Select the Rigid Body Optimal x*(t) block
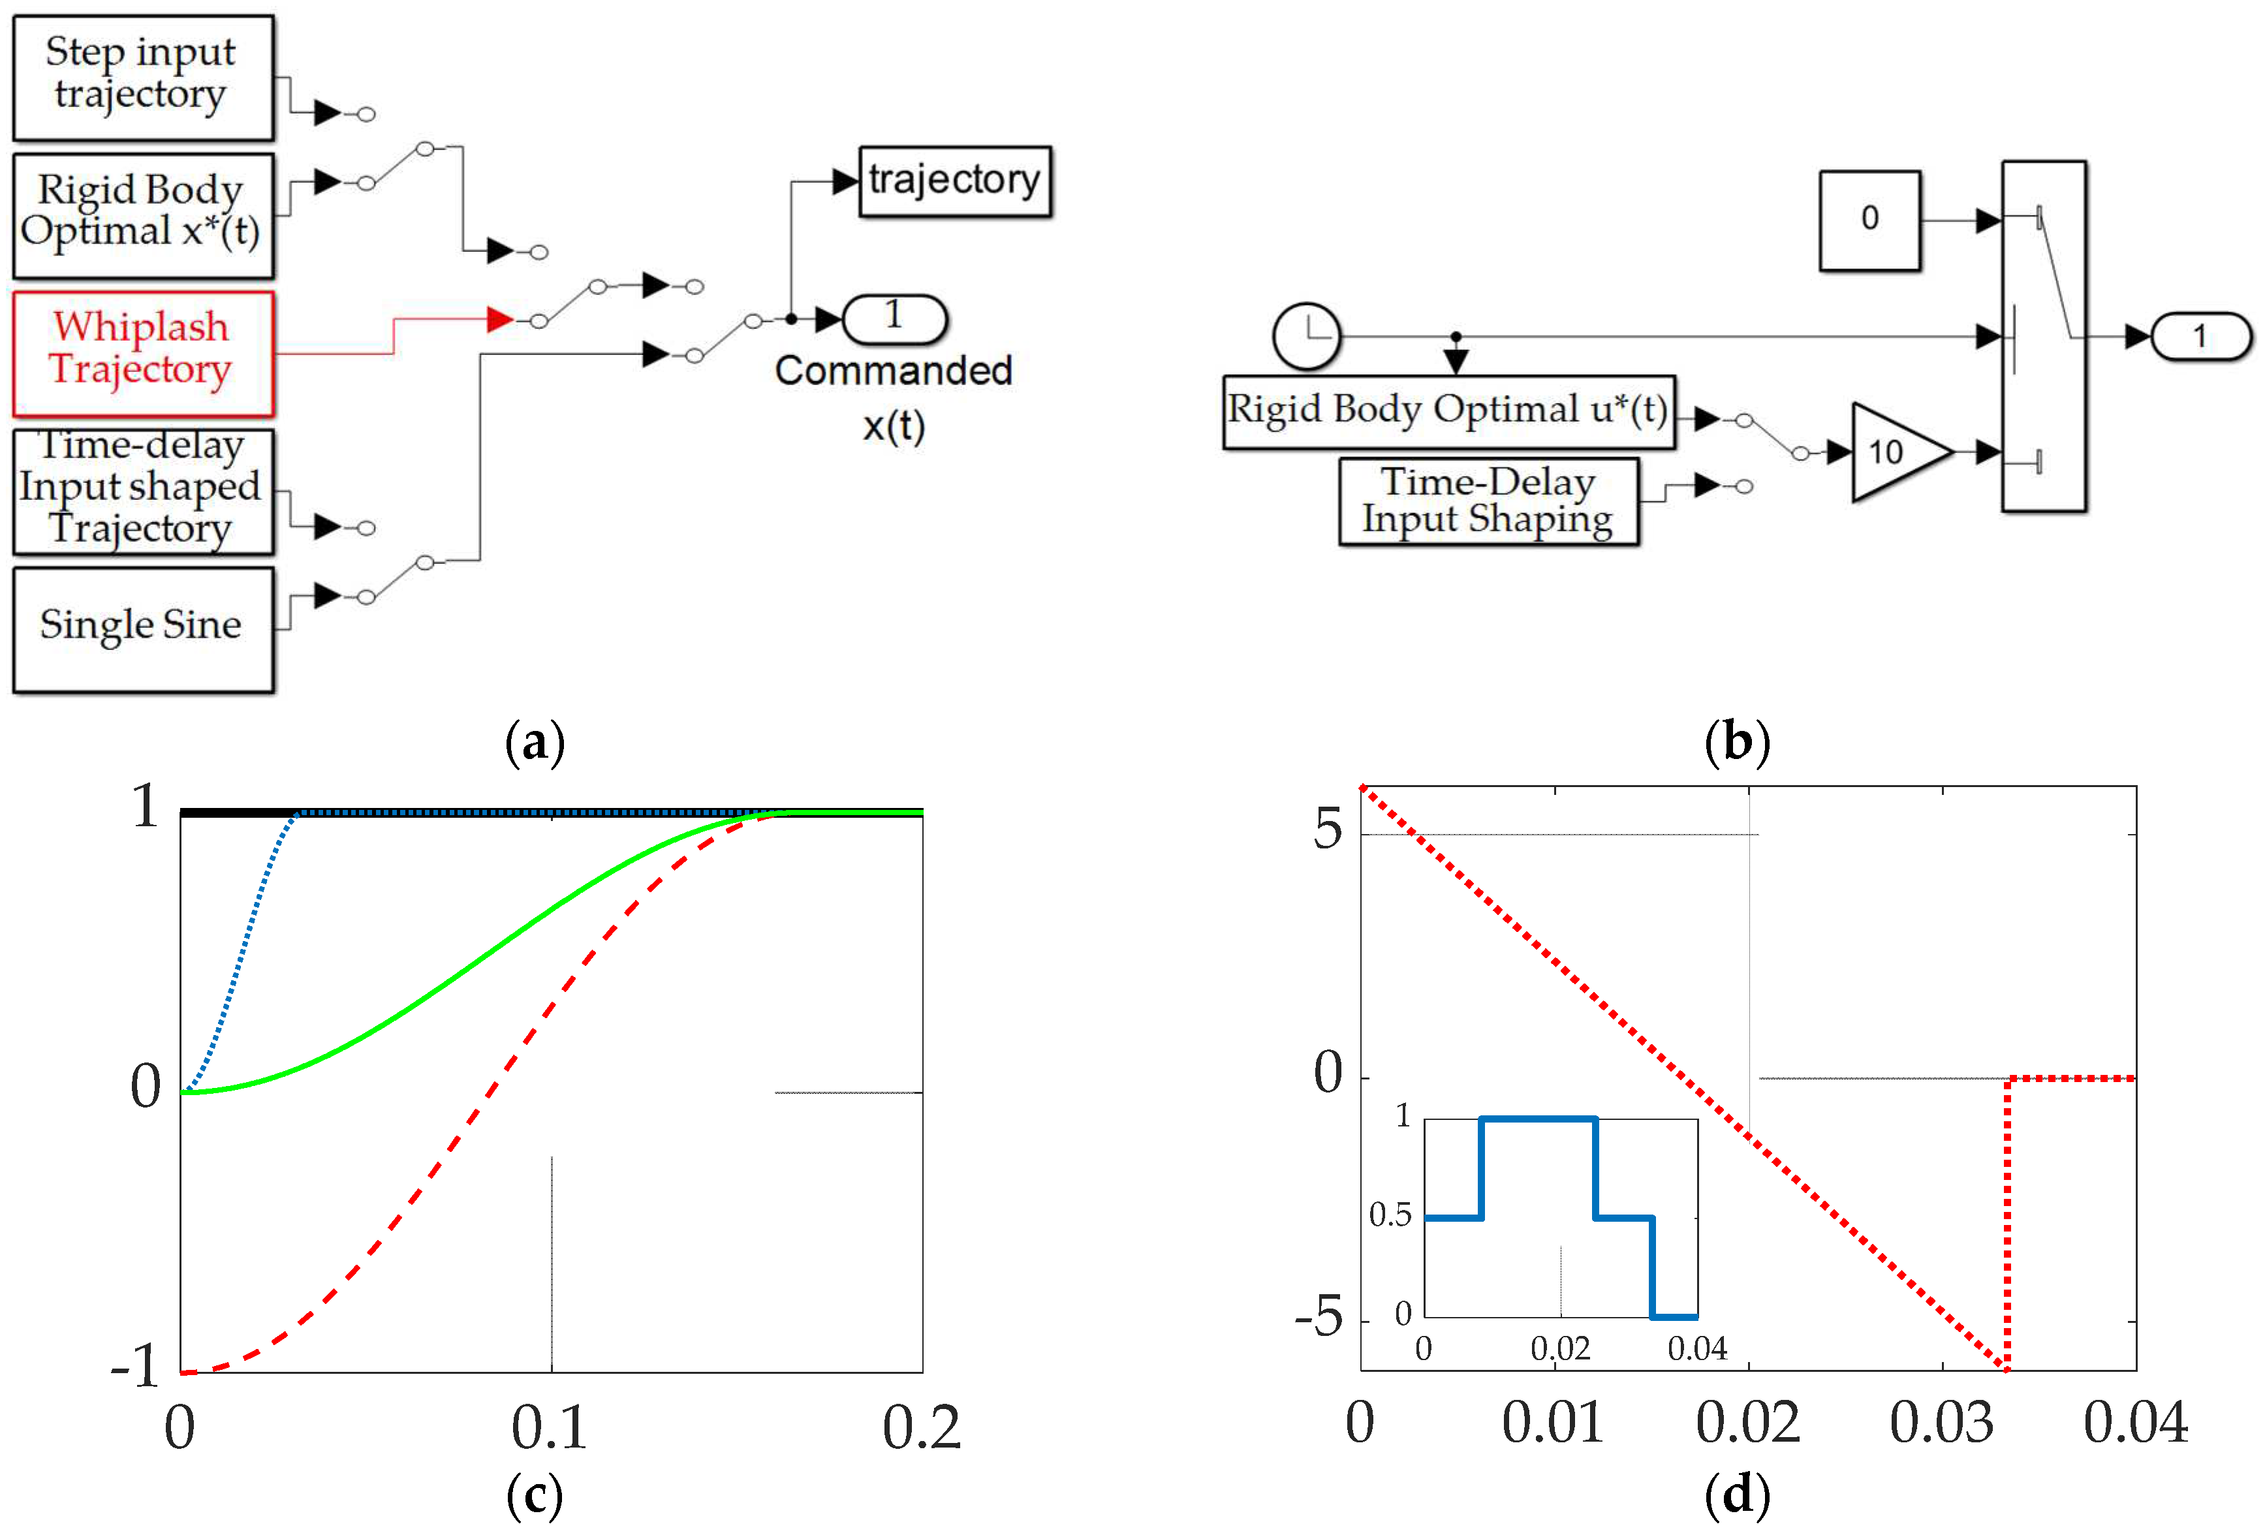[x=142, y=215]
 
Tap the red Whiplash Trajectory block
[x=142, y=353]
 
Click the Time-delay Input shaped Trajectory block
[x=142, y=490]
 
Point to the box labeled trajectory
[x=954, y=181]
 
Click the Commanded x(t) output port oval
[x=894, y=318]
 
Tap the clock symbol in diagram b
[x=1306, y=336]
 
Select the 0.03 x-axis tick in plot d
[x=1941, y=1423]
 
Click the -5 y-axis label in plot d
[x=1320, y=1318]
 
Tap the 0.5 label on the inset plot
[x=1390, y=1215]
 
